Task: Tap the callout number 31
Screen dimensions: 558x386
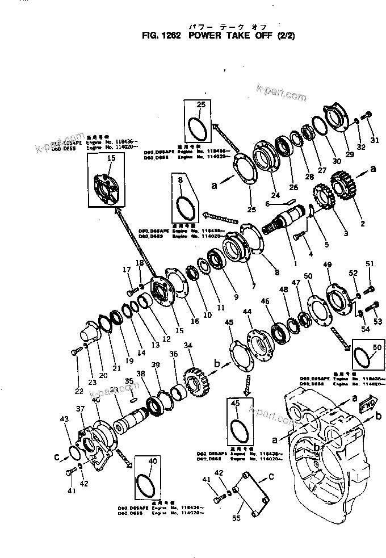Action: (374, 141)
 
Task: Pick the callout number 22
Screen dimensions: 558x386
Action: (78, 391)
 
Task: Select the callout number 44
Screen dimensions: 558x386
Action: (247, 312)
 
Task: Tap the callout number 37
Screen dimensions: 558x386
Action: (80, 409)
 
